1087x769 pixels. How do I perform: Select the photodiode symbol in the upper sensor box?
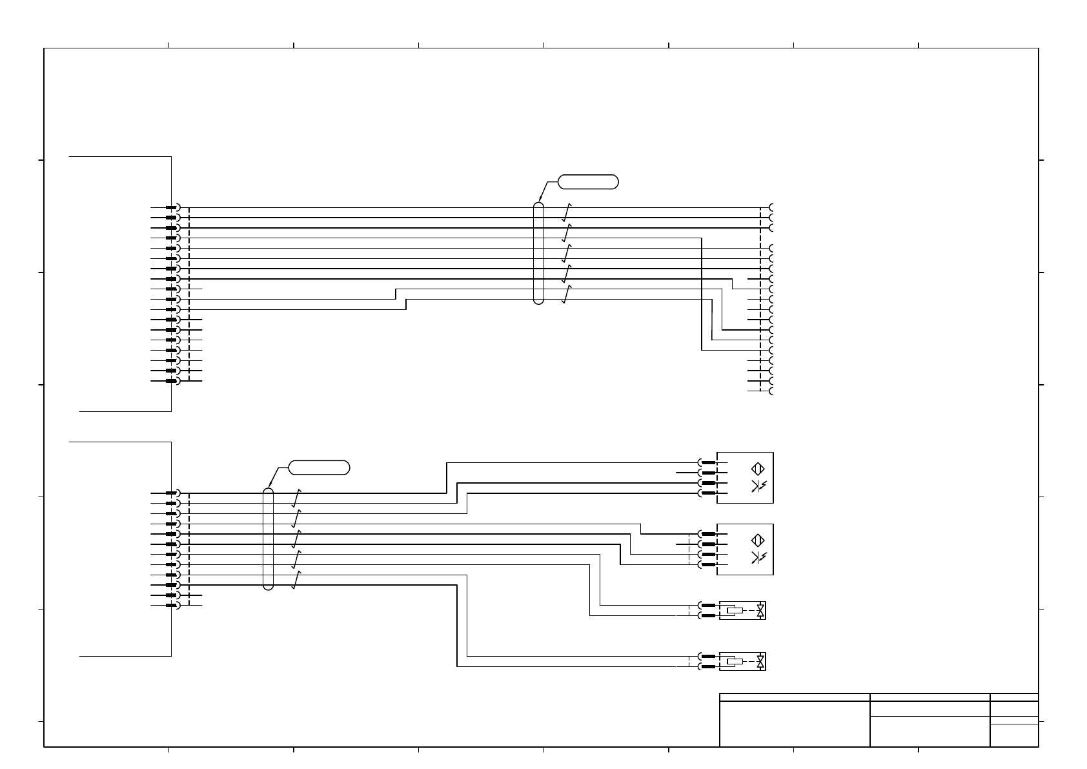tap(758, 486)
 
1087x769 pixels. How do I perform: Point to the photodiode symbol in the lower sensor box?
tap(758, 558)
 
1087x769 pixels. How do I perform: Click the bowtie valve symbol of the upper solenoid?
tap(762, 610)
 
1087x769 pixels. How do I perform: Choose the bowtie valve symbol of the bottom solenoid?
tap(762, 661)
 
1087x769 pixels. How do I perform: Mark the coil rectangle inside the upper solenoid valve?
tap(735, 610)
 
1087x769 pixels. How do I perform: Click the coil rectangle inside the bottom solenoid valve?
tap(735, 661)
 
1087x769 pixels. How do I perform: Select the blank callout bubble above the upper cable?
tap(588, 181)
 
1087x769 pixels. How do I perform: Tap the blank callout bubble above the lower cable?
tap(319, 467)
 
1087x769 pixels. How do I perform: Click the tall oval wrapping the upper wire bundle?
tap(539, 253)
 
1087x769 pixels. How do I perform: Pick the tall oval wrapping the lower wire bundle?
tap(269, 539)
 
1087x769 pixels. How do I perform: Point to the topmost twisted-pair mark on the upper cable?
tap(567, 212)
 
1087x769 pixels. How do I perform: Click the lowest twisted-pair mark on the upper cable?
tap(567, 295)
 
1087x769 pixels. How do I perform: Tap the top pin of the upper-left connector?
tap(172, 208)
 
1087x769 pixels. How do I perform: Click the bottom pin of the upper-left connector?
tap(172, 381)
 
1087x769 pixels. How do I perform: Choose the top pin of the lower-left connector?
tap(172, 493)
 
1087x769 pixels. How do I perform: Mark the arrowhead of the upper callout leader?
tap(539, 201)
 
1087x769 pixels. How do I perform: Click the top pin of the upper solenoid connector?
tap(707, 606)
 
